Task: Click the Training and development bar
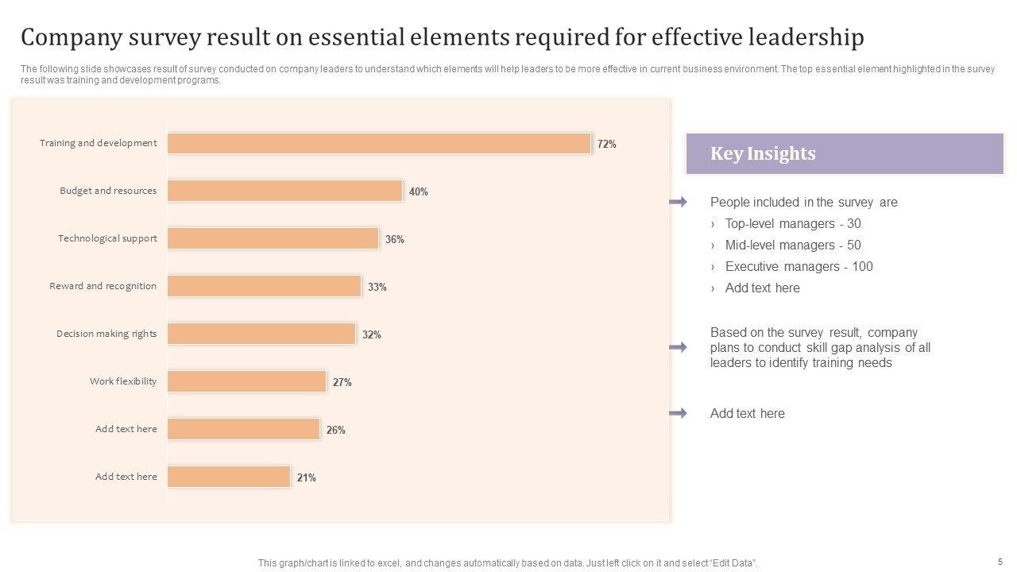(x=379, y=143)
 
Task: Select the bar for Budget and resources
(x=284, y=191)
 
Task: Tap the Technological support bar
(x=273, y=238)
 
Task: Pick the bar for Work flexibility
(x=246, y=381)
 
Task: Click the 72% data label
(x=607, y=144)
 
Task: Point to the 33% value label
(x=377, y=287)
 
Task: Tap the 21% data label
(x=307, y=477)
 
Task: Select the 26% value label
(x=335, y=430)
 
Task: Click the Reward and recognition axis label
(x=102, y=286)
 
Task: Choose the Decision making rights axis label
(x=106, y=334)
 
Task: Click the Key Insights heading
(x=763, y=153)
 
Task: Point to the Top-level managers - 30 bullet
(x=792, y=224)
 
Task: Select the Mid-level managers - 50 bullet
(x=792, y=245)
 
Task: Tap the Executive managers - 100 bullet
(x=799, y=267)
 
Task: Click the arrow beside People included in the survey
(x=678, y=203)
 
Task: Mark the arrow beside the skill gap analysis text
(x=678, y=347)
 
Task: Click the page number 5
(x=1000, y=561)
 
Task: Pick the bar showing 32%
(x=261, y=334)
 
